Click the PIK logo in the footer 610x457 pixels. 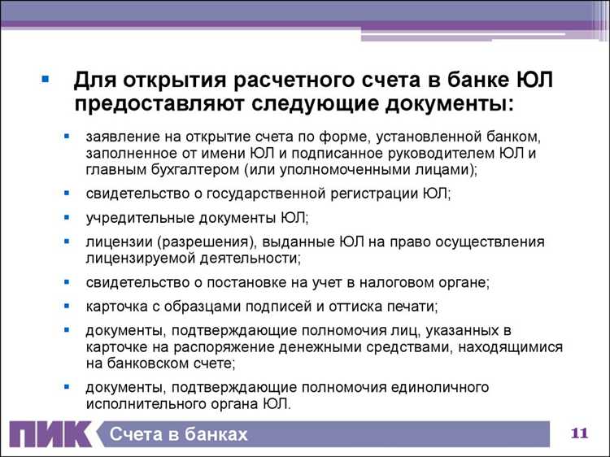coord(50,433)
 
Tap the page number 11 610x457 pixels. coord(580,433)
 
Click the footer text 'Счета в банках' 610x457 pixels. coord(178,434)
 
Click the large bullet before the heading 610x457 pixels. coord(46,81)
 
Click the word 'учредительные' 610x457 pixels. coord(133,218)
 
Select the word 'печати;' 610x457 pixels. coord(413,307)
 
